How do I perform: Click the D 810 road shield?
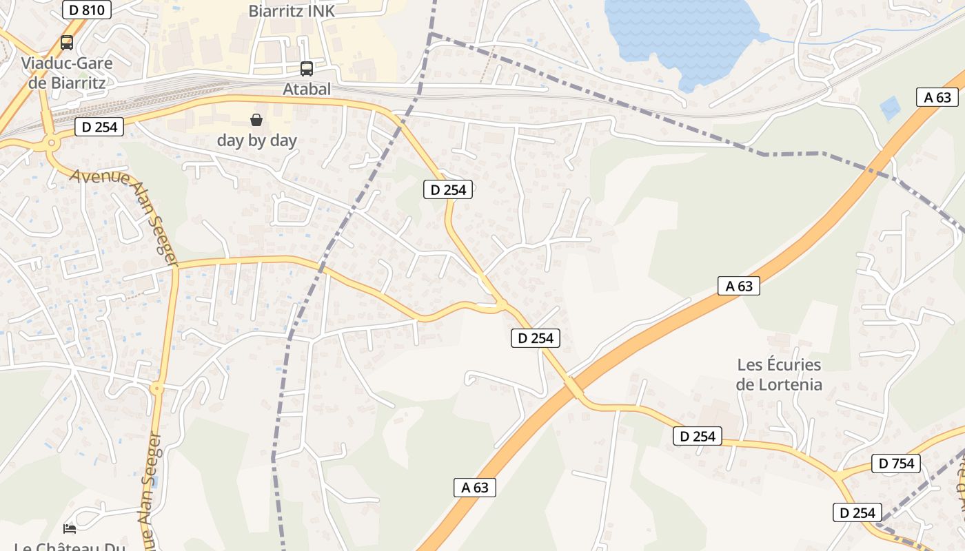[86, 9]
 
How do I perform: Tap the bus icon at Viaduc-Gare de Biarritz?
[67, 42]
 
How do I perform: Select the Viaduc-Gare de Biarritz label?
[66, 73]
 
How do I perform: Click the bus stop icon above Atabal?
[307, 69]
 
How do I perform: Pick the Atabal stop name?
[307, 89]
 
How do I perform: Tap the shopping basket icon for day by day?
[256, 120]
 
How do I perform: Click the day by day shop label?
[256, 141]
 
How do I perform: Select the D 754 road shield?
[896, 464]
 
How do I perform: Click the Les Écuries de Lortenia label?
[779, 374]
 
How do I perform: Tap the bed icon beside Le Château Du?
[70, 528]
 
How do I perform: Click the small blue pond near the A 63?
[890, 107]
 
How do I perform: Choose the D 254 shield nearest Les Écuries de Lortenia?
[698, 436]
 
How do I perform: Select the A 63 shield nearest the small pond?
[937, 97]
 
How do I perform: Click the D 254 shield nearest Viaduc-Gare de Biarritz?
[99, 127]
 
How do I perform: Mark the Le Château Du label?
[69, 545]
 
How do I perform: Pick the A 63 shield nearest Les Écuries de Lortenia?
[739, 286]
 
